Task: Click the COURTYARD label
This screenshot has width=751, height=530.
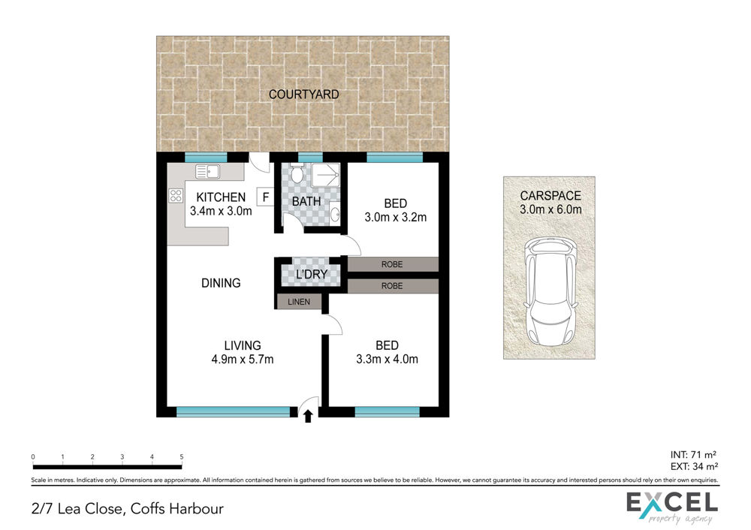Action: point(303,95)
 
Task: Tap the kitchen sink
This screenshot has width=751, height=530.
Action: point(207,171)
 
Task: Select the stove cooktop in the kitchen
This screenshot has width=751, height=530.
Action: point(176,195)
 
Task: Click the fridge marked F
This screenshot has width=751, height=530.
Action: point(265,197)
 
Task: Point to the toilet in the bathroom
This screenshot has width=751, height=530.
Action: point(297,173)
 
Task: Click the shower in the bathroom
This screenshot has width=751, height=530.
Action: point(326,175)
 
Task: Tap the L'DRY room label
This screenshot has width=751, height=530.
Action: point(312,274)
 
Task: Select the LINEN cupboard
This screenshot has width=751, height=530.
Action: point(299,302)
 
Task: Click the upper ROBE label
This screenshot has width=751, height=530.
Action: point(392,264)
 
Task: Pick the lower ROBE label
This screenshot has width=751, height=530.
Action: point(392,286)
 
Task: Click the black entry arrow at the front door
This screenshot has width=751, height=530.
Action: point(308,416)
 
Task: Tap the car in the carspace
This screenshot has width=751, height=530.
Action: point(550,291)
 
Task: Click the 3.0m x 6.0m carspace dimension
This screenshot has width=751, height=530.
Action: point(550,209)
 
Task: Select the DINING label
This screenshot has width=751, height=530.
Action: point(221,283)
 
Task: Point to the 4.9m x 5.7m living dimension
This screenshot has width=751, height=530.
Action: point(243,359)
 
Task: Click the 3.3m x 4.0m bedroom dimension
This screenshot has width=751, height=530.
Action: point(387,359)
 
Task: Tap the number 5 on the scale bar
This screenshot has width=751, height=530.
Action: point(182,456)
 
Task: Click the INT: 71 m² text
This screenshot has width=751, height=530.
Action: point(693,455)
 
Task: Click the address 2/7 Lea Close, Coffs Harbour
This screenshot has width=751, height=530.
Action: point(128,508)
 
